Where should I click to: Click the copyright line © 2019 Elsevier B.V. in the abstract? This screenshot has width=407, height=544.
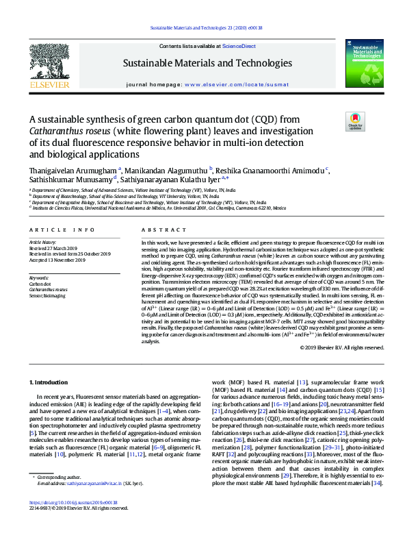tap(342, 347)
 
